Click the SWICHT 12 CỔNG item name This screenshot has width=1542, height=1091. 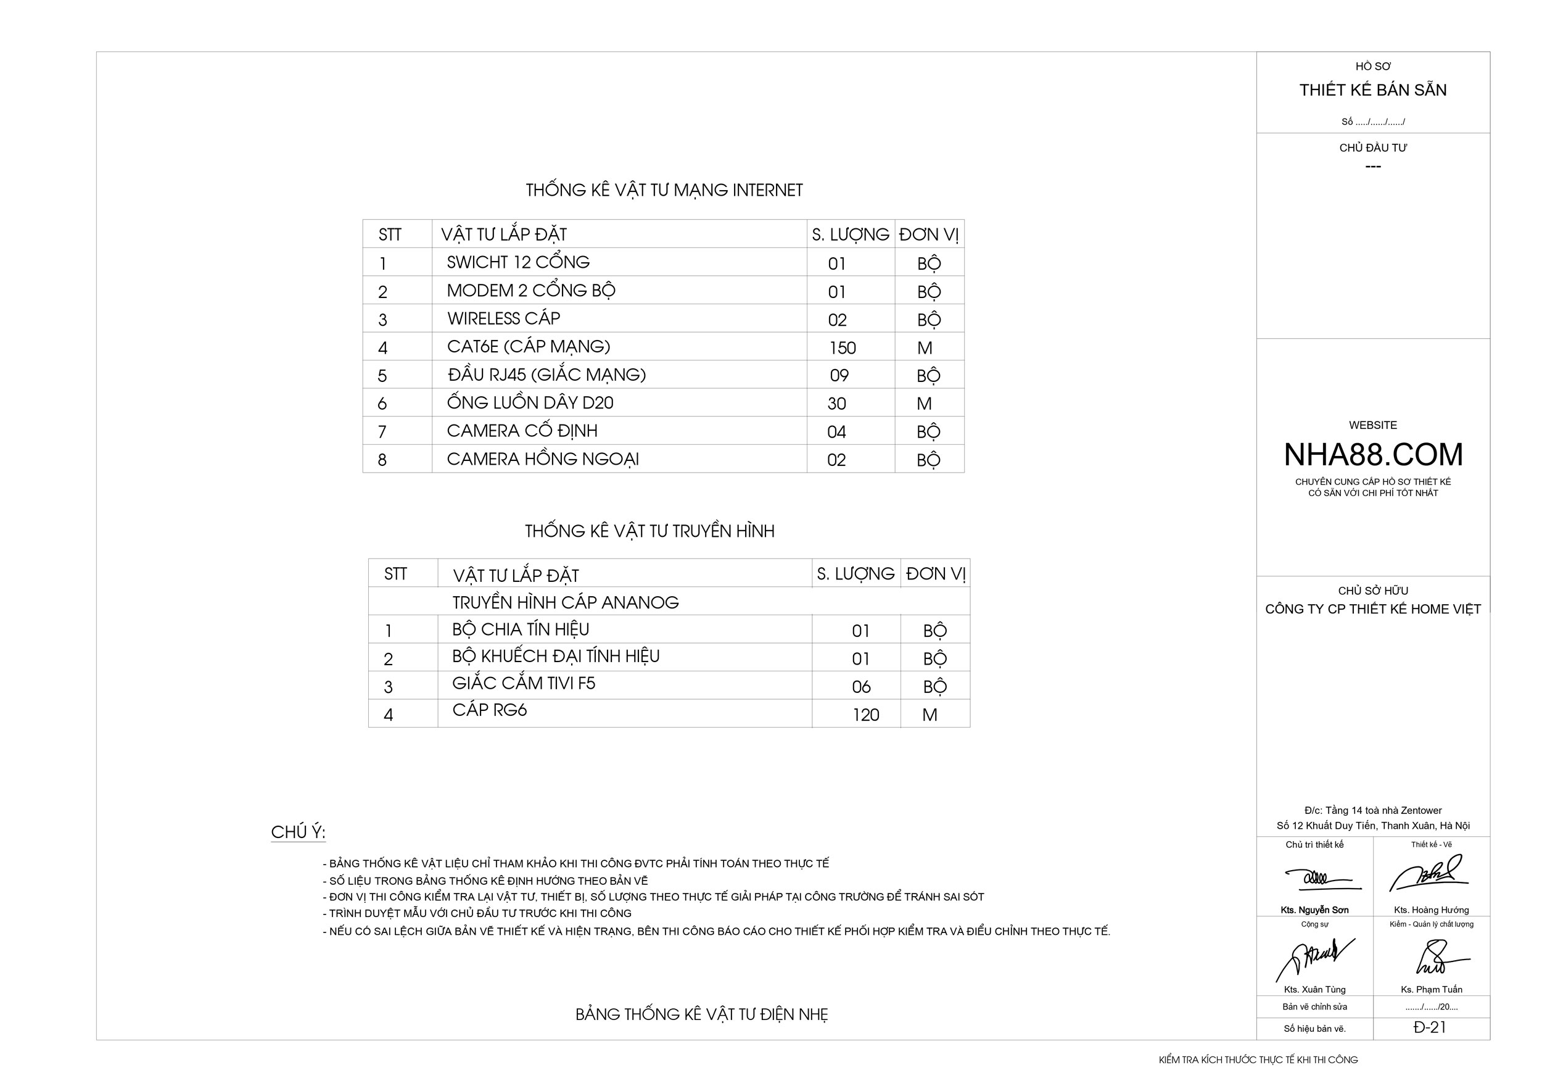coord(518,262)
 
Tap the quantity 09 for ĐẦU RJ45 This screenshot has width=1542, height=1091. coord(839,376)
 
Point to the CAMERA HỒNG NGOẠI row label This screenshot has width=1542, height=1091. coord(543,459)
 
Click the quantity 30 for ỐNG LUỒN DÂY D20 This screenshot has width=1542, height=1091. coord(836,404)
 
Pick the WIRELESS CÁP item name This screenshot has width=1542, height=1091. coord(503,318)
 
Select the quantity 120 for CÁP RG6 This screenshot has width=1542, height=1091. coord(866,715)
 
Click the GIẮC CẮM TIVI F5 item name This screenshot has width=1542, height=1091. coord(523,683)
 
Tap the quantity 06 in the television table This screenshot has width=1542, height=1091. coord(861,687)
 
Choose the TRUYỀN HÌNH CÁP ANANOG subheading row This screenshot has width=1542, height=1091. coord(566,602)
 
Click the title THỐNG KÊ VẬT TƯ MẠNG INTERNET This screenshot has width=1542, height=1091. coord(664,190)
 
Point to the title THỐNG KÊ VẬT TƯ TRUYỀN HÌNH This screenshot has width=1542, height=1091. coord(649,531)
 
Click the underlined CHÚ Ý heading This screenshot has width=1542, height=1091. coord(298,832)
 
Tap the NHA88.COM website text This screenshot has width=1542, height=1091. coord(1373,455)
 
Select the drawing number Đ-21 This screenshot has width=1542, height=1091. coord(1430,1027)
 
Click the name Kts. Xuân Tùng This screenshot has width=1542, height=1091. coord(1314,990)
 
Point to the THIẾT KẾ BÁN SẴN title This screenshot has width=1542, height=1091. coord(1373,90)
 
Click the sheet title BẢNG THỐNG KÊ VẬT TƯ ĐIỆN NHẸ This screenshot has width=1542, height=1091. coord(701,1014)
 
